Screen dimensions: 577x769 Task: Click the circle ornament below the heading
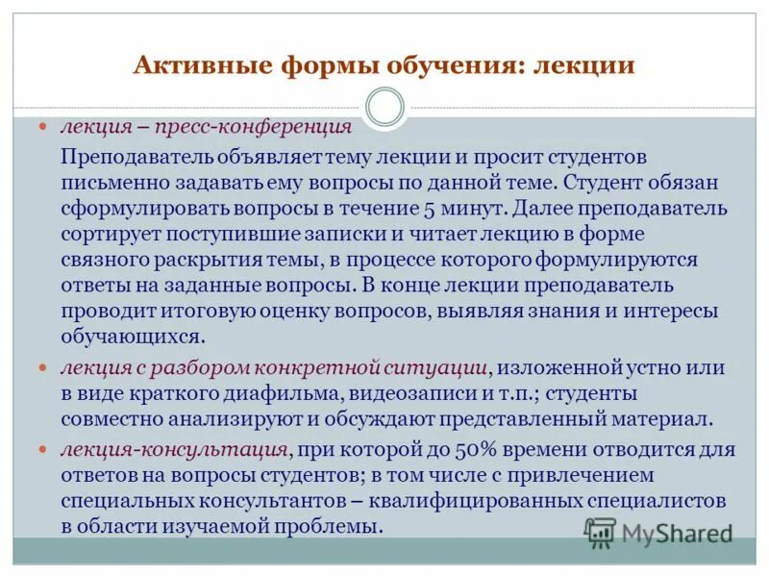pyautogui.click(x=385, y=107)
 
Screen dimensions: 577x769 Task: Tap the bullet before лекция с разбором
pyautogui.click(x=42, y=367)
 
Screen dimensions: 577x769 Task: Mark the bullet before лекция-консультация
pyautogui.click(x=42, y=449)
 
